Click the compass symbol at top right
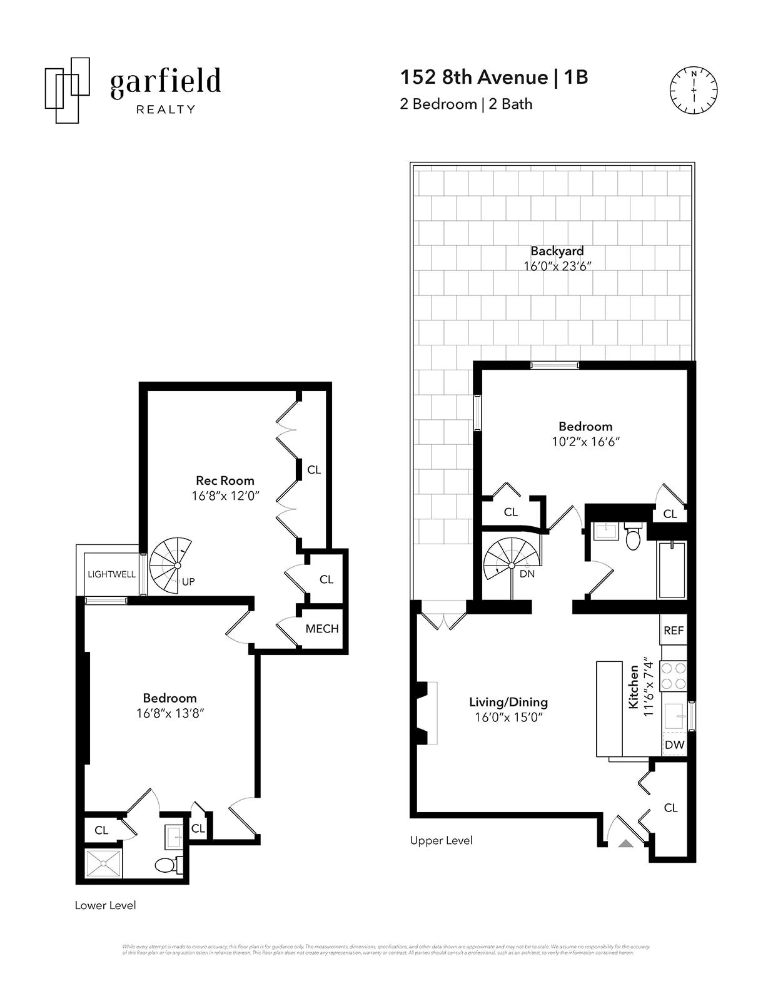click(x=694, y=91)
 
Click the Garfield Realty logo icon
click(x=67, y=90)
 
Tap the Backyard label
click(x=557, y=251)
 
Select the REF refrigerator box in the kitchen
click(x=674, y=630)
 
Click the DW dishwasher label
click(x=674, y=745)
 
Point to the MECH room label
click(x=322, y=629)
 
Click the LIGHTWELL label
click(x=111, y=574)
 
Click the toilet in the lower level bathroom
click(x=166, y=865)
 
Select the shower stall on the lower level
click(x=104, y=864)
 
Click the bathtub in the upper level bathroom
click(x=672, y=570)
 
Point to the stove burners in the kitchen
click(x=674, y=676)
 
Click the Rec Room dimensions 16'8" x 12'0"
click(x=225, y=496)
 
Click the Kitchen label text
click(x=634, y=687)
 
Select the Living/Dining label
click(x=508, y=702)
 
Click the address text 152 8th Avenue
click(x=474, y=77)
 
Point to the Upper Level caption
click(x=441, y=840)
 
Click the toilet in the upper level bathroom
click(x=633, y=537)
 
